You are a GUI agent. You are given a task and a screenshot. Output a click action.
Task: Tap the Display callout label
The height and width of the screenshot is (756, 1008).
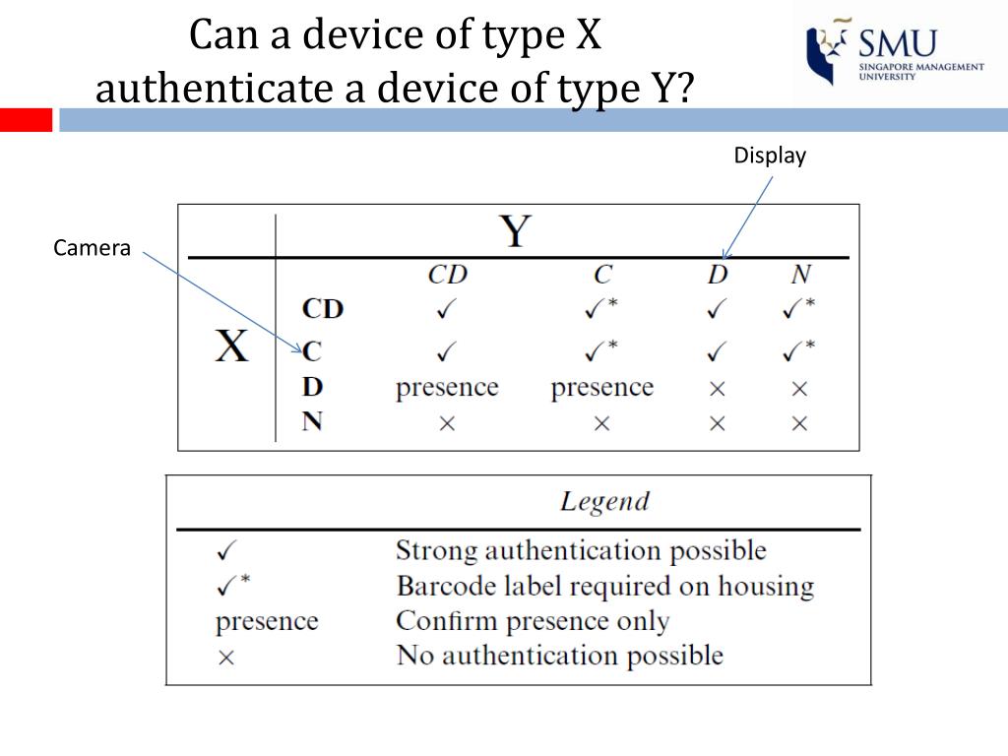pyautogui.click(x=770, y=156)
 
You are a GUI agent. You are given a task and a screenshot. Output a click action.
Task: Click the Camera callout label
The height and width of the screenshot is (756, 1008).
pyautogui.click(x=92, y=249)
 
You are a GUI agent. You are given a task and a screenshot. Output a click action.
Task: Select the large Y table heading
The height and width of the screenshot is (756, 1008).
pyautogui.click(x=515, y=232)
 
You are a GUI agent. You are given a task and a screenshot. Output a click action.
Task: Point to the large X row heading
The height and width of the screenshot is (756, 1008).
pyautogui.click(x=231, y=346)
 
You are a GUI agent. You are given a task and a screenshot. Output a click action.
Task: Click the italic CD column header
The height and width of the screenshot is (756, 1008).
pyautogui.click(x=447, y=274)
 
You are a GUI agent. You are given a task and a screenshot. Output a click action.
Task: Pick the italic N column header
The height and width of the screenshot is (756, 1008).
pyautogui.click(x=799, y=274)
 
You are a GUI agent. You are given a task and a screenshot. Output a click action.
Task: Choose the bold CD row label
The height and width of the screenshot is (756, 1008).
pyautogui.click(x=322, y=309)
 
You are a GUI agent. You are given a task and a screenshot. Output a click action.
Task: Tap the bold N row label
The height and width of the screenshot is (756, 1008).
pyautogui.click(x=312, y=422)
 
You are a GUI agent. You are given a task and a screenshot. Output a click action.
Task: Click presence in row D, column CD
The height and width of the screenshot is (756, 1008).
pyautogui.click(x=447, y=388)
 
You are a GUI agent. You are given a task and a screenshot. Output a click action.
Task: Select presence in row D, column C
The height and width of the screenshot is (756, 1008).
pyautogui.click(x=601, y=388)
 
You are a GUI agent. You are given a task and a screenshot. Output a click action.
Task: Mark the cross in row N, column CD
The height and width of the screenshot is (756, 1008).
pyautogui.click(x=447, y=423)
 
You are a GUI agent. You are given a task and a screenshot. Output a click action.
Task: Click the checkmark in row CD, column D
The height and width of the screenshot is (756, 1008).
pyautogui.click(x=717, y=309)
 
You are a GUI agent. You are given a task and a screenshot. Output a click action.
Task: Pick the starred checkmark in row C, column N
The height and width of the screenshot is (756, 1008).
pyautogui.click(x=798, y=348)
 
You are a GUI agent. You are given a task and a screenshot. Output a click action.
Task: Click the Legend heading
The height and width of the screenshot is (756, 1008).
pyautogui.click(x=604, y=501)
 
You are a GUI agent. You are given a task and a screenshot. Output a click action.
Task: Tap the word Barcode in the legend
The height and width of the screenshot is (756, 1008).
pyautogui.click(x=440, y=587)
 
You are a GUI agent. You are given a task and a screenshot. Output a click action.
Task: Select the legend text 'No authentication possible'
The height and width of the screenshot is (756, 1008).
pyautogui.click(x=559, y=656)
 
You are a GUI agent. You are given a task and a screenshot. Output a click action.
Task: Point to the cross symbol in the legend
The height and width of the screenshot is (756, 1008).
pyautogui.click(x=225, y=658)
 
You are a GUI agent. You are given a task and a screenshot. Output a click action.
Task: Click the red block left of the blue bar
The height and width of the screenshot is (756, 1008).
pyautogui.click(x=26, y=120)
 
